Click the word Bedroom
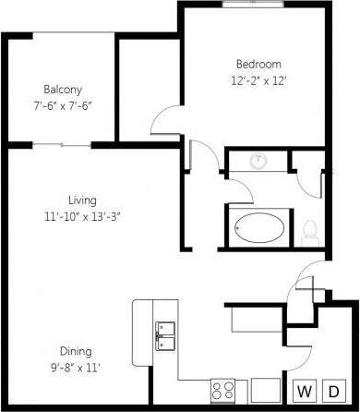258,64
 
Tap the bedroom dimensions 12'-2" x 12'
258,79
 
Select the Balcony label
63,90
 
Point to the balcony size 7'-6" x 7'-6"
63,105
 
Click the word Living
82,200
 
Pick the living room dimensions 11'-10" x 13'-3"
82,215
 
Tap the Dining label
76,351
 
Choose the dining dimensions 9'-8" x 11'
76,367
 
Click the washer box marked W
304,392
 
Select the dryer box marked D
338,392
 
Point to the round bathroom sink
260,162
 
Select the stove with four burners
223,391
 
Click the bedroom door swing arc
166,117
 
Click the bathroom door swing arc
238,188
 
